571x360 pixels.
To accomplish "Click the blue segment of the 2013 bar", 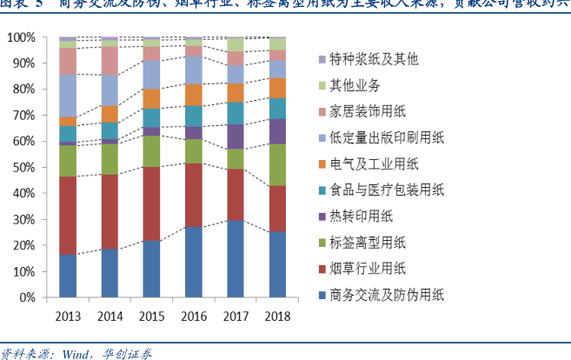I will pos(68,276).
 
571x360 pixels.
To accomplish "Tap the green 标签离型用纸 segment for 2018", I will pos(278,164).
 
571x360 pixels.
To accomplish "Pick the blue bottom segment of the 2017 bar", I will pos(236,258).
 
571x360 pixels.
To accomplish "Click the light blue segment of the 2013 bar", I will pos(68,95).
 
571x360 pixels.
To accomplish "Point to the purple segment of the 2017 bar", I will pos(236,137).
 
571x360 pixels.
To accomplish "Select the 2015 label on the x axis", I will pos(151,315).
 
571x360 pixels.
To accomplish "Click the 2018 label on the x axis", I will pos(278,315).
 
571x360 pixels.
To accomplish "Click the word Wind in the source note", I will pos(76,353).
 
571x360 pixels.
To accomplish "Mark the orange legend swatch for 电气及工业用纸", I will pos(322,164).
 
